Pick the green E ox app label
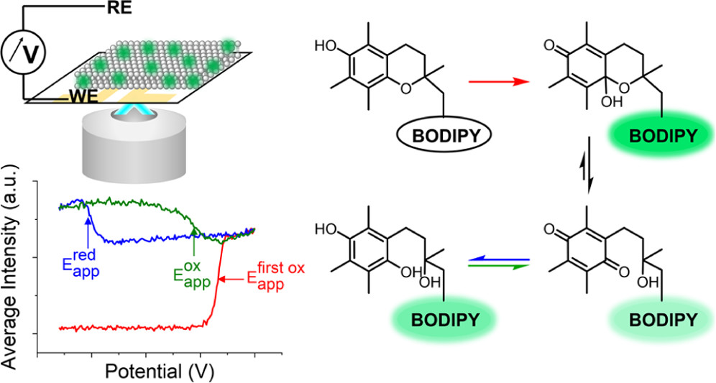point(192,271)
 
